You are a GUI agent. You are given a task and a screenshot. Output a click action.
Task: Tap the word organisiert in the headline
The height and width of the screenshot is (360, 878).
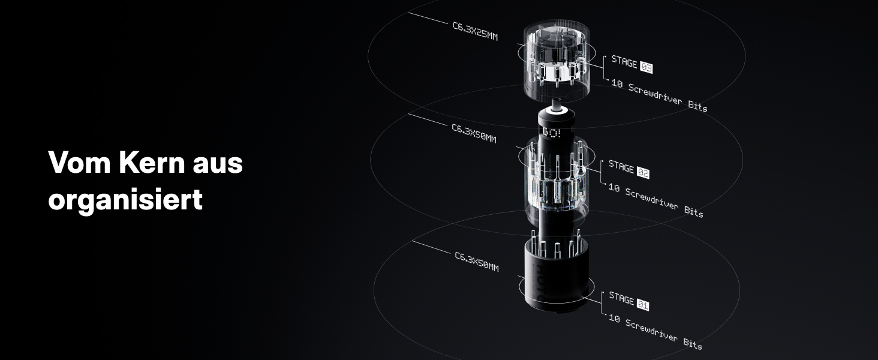pyautogui.click(x=125, y=199)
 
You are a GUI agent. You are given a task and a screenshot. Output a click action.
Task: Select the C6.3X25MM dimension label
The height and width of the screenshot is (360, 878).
pyautogui.click(x=475, y=31)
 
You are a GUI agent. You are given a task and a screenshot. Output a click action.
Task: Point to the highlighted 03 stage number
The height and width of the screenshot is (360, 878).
pyautogui.click(x=647, y=67)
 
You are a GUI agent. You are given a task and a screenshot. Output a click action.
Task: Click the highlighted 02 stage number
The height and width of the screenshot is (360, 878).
pyautogui.click(x=643, y=173)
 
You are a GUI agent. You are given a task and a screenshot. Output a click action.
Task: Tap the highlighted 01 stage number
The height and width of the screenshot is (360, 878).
pyautogui.click(x=643, y=305)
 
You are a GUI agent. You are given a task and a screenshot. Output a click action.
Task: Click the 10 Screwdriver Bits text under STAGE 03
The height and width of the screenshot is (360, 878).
pyautogui.click(x=659, y=95)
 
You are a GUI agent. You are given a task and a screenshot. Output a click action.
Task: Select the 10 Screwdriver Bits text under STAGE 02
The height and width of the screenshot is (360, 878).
pyautogui.click(x=656, y=200)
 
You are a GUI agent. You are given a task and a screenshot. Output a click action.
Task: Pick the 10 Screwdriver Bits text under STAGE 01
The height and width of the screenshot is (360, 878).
pyautogui.click(x=656, y=332)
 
